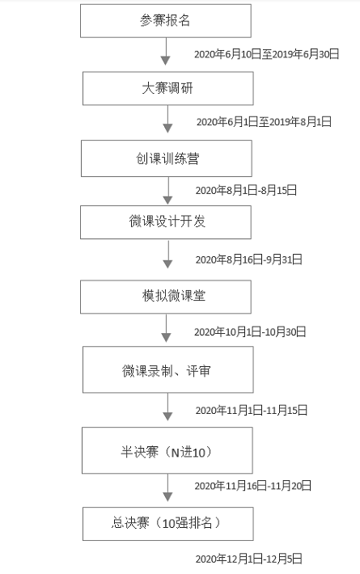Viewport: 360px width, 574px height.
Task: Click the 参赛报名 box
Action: pos(166,21)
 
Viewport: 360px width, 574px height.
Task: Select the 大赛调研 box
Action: pos(167,88)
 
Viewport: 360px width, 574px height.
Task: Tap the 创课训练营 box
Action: pos(167,158)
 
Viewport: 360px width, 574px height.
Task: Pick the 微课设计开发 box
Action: pos(166,222)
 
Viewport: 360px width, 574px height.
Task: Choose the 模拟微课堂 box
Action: pos(166,297)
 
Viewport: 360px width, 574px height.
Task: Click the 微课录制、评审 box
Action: pos(167,369)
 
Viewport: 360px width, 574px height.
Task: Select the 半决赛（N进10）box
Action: pos(167,450)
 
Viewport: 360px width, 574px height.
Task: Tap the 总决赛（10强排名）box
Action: pos(167,524)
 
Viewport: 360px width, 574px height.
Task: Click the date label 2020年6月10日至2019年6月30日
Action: pos(267,54)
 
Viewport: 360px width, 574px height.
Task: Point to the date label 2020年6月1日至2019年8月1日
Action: pos(264,121)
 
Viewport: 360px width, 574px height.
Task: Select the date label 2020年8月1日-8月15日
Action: pos(246,190)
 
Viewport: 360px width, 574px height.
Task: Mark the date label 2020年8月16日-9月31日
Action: pos(248,260)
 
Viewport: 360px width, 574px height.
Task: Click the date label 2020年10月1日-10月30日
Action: pos(250,331)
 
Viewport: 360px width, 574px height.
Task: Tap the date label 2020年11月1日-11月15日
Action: pos(252,411)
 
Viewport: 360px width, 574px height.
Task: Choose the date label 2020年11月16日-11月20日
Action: pos(252,486)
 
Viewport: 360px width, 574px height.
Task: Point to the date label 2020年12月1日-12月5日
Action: pos(248,559)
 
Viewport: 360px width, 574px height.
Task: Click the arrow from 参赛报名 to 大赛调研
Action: pos(166,52)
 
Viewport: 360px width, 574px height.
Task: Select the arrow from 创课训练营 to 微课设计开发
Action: pos(167,191)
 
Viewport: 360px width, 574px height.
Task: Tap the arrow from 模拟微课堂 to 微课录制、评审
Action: pos(166,328)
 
